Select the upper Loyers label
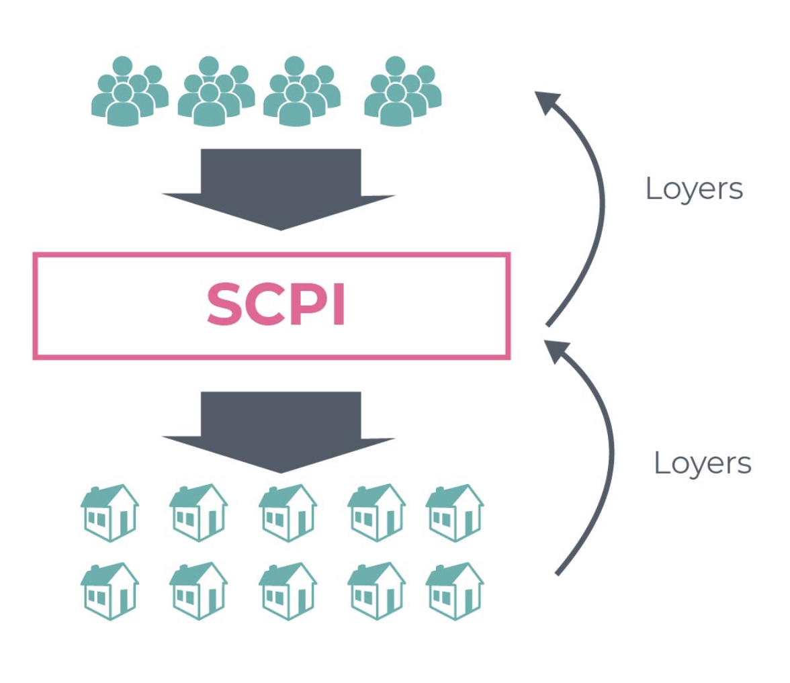coord(694,189)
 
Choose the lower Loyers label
coord(702,463)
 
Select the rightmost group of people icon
coord(402,91)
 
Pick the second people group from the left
coord(215,91)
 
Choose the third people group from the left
coord(301,91)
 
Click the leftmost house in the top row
coord(109,512)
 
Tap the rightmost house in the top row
coord(455,512)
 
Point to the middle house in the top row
coord(288,512)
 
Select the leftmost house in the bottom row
coord(109,590)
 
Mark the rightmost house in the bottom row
coord(455,590)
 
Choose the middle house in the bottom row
coord(288,590)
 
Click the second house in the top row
coord(198,512)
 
